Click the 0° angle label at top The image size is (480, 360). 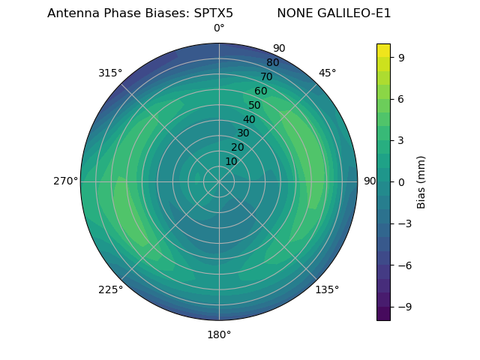coord(219,28)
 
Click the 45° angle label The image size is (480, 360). coord(327,73)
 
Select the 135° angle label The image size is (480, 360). coord(327,289)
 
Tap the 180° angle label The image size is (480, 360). coord(219,334)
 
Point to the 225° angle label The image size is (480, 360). coord(110,290)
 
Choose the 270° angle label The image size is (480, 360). coord(65,181)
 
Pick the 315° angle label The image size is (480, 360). coord(110,73)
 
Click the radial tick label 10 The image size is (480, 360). coord(231,161)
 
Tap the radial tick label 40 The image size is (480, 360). coord(249,119)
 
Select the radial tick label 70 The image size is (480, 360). coord(266,76)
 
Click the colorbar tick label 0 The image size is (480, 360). coord(402,181)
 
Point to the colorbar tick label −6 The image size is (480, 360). coord(404,265)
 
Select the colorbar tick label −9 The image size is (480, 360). coord(404,307)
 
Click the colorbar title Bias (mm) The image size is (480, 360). coord(421,181)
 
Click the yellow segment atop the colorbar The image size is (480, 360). coord(383,50)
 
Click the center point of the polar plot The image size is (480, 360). coord(219,181)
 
